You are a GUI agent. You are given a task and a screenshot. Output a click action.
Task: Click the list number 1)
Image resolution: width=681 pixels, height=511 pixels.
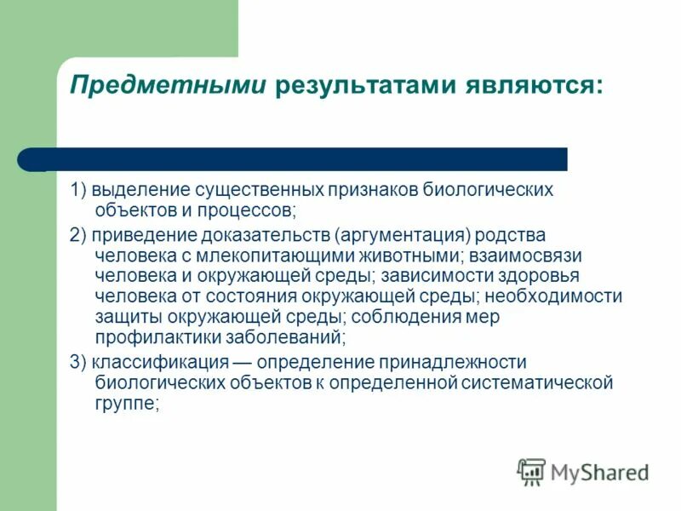coord(79,190)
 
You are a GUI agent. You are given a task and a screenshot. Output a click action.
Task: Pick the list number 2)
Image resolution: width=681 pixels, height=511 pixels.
coord(79,235)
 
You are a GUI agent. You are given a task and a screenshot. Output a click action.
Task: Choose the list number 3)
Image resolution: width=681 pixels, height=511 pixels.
coord(79,361)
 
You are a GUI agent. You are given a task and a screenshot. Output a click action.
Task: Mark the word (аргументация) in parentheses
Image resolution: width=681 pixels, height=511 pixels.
coord(403,235)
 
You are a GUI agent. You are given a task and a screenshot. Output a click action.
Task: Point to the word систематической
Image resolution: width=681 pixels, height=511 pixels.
coord(538,383)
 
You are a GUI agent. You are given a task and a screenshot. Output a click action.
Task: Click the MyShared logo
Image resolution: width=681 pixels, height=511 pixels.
coord(584,471)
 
